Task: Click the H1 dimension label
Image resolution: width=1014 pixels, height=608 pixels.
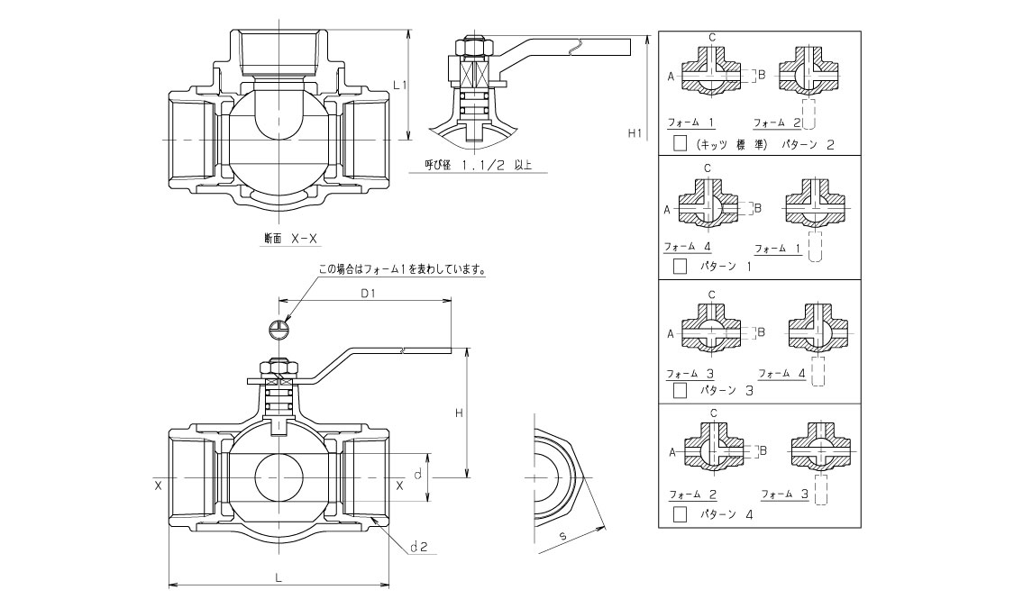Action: tap(634, 133)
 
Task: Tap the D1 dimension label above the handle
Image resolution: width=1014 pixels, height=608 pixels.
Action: tap(368, 294)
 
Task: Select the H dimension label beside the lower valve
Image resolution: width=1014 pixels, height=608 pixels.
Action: tap(459, 413)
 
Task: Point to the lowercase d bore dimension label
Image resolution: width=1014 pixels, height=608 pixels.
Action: tap(418, 474)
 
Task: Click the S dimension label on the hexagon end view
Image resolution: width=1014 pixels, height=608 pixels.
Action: tap(562, 537)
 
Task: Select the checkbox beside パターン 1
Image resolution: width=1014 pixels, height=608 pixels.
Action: tap(681, 267)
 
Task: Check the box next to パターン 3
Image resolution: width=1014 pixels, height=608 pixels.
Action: tap(681, 390)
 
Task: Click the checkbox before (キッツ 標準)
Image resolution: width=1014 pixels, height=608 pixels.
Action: tap(681, 143)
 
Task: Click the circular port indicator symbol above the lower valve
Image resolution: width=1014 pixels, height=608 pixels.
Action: tap(279, 329)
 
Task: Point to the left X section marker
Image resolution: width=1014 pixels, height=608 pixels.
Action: tap(158, 485)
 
